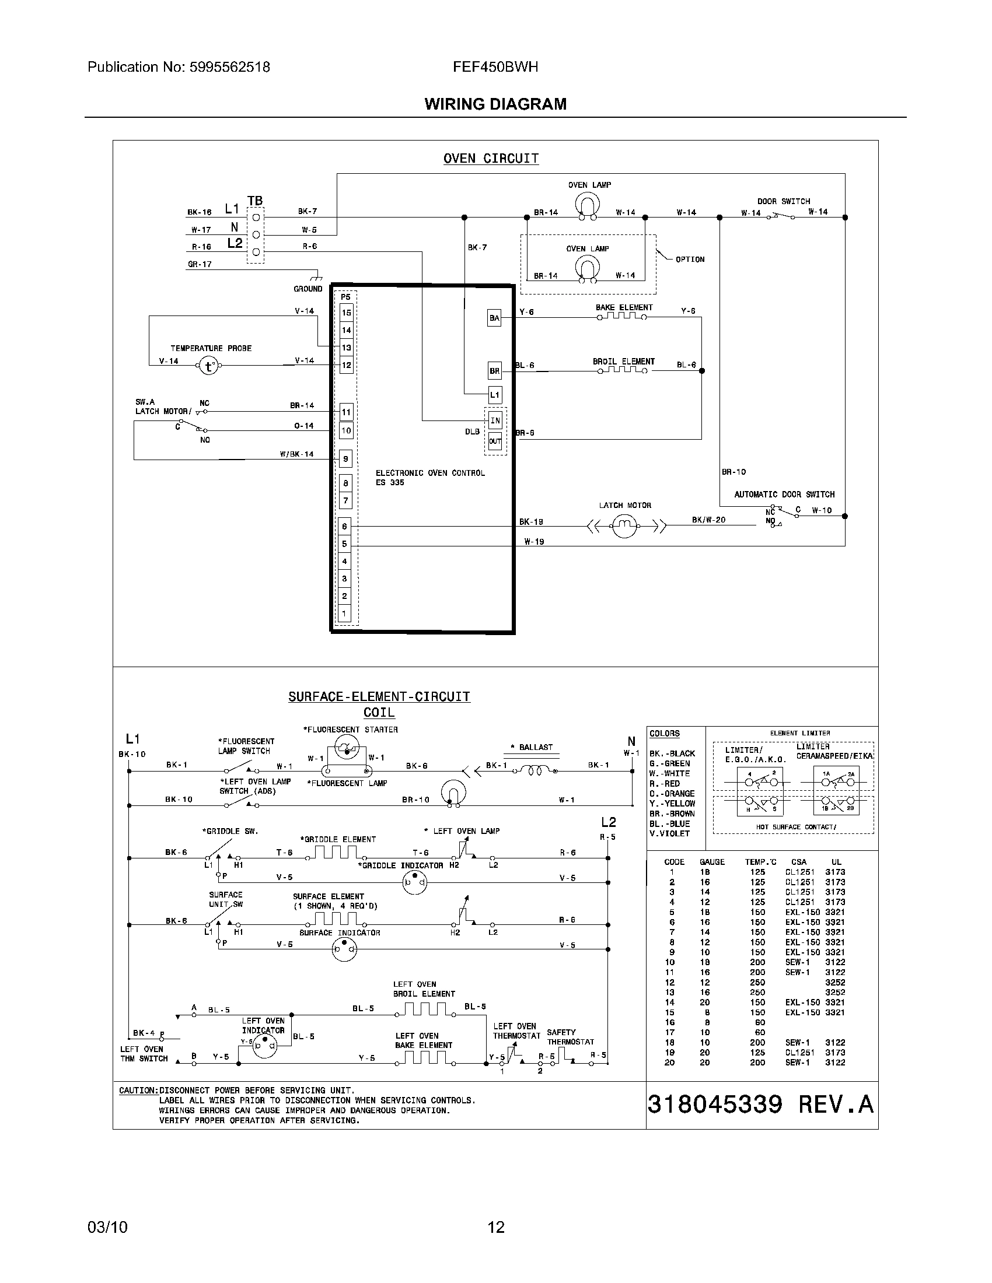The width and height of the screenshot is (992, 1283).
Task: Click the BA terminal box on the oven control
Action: pyautogui.click(x=494, y=318)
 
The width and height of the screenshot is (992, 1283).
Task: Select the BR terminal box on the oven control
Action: pyautogui.click(x=494, y=371)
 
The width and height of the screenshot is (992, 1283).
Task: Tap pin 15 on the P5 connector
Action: pyautogui.click(x=347, y=313)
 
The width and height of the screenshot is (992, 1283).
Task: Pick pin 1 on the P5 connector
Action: pyautogui.click(x=344, y=614)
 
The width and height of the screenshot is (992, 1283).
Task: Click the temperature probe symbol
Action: pyautogui.click(x=208, y=366)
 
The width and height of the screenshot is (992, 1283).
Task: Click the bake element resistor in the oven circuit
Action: pyautogui.click(x=622, y=316)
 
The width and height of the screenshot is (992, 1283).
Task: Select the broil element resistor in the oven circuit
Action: pyautogui.click(x=622, y=370)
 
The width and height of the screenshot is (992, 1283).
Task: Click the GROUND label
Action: pyautogui.click(x=308, y=289)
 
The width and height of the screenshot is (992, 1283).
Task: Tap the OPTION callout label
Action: pyautogui.click(x=689, y=259)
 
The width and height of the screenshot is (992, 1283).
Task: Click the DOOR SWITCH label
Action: pyautogui.click(x=783, y=201)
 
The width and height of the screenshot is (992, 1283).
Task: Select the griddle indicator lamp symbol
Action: pyautogui.click(x=414, y=882)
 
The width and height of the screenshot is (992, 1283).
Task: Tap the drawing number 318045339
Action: pyautogui.click(x=715, y=1105)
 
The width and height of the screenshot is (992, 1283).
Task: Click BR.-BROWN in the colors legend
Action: pyautogui.click(x=672, y=814)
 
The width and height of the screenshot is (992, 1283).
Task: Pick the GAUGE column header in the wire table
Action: pyautogui.click(x=712, y=862)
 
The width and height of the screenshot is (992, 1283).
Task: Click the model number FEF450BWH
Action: pyautogui.click(x=495, y=67)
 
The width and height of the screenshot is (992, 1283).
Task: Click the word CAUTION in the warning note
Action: pyautogui.click(x=138, y=1091)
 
